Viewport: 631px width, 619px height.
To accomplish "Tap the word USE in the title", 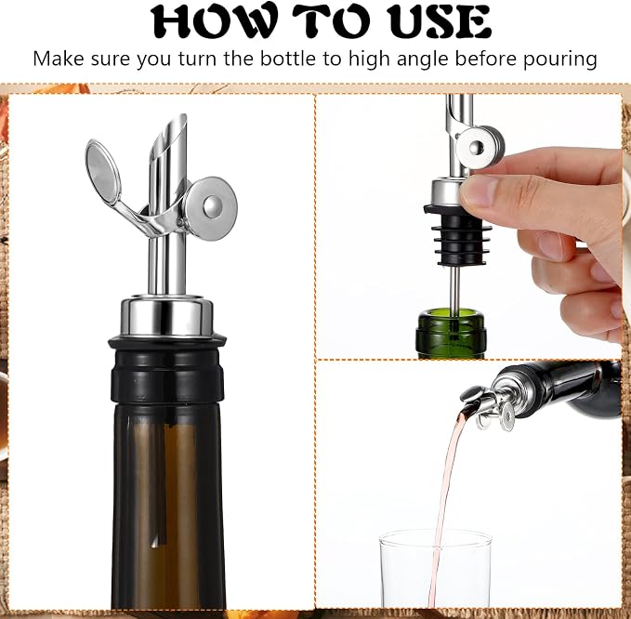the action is coord(440,21).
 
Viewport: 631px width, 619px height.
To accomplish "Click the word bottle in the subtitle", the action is coord(288,59).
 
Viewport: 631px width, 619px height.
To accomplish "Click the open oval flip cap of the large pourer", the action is coord(103,172).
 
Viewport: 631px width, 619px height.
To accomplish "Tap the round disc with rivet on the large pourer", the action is coord(210,207).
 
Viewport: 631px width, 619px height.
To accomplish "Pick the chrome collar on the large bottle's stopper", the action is coord(166,317).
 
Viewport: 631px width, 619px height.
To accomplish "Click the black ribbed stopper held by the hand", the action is coord(453,235).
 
